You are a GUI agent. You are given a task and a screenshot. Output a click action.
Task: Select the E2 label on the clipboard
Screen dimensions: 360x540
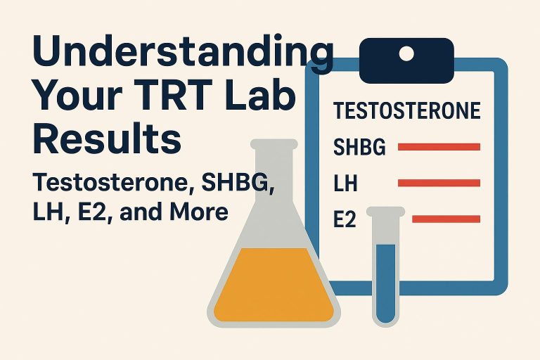click(345, 221)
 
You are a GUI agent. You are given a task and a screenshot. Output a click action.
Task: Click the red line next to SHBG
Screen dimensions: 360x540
click(439, 147)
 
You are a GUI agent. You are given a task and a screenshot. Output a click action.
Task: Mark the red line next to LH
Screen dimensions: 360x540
click(439, 184)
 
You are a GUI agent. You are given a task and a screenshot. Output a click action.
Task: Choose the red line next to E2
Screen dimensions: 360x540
click(446, 220)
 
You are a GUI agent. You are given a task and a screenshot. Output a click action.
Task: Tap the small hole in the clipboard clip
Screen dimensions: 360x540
click(406, 52)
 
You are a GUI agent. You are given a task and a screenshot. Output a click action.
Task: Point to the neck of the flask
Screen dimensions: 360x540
click(274, 176)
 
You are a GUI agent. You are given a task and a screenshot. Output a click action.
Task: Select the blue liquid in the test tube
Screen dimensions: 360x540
click(385, 281)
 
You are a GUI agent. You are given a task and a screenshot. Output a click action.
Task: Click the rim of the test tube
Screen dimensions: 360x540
click(385, 211)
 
